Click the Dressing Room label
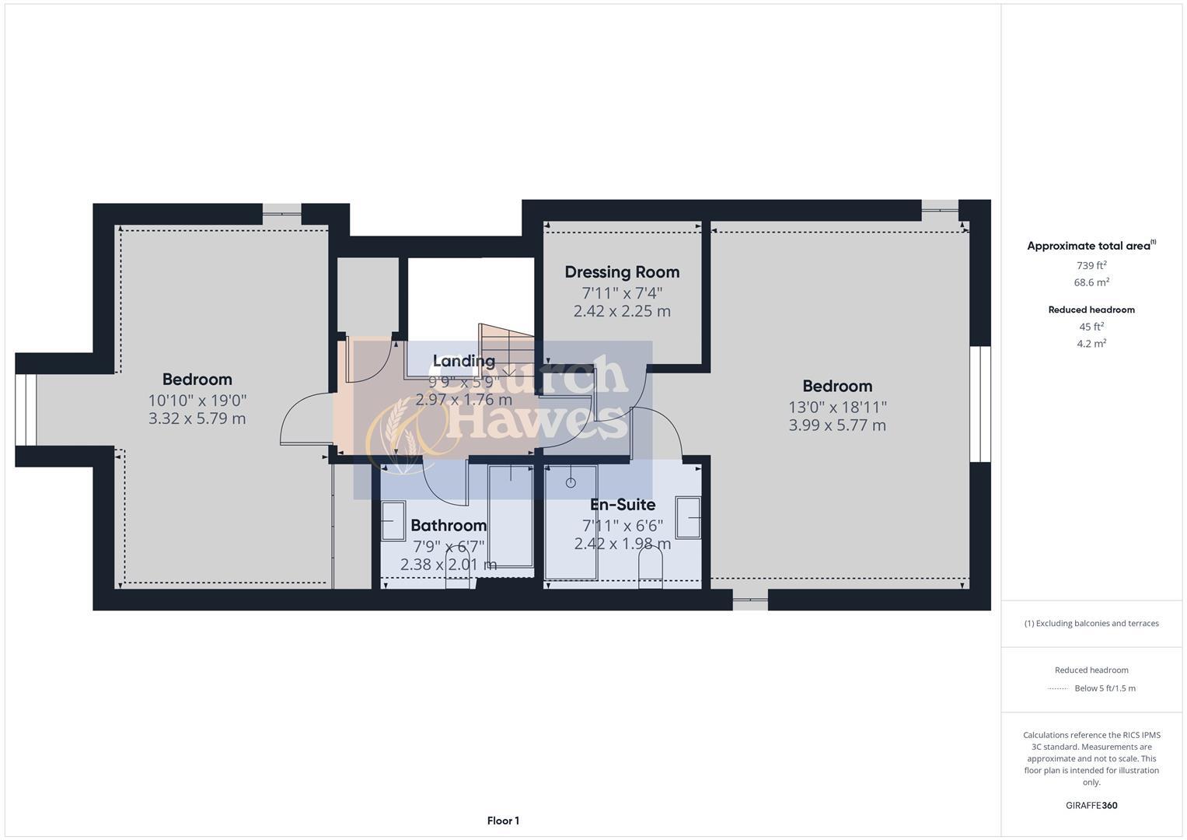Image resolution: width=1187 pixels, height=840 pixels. click(622, 272)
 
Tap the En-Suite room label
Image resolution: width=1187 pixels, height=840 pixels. click(622, 505)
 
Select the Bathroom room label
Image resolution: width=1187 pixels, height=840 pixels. click(449, 526)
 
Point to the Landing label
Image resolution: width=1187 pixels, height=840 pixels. click(463, 361)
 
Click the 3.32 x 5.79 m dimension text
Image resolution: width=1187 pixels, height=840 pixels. click(197, 418)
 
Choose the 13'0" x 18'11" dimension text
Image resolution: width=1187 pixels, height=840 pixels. click(837, 407)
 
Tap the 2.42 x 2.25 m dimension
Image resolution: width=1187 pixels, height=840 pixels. click(622, 311)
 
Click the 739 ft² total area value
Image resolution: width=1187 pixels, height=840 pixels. click(1091, 265)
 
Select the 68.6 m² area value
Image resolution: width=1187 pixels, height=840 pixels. click(1091, 282)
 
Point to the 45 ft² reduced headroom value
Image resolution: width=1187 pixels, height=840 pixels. click(1091, 327)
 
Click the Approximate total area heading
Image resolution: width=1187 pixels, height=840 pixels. click(1090, 246)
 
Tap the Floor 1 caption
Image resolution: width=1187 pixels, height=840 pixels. click(503, 821)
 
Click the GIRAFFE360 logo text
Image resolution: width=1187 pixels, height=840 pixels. click(1091, 805)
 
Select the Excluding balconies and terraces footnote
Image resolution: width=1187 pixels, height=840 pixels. click(1091, 623)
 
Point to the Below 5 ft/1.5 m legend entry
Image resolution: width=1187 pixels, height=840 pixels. click(1105, 688)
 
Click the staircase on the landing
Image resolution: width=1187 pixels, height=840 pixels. click(506, 350)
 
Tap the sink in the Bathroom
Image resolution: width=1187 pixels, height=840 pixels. click(393, 520)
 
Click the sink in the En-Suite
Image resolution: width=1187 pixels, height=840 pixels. click(688, 517)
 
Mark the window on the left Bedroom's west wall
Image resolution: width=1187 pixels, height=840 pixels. click(26, 410)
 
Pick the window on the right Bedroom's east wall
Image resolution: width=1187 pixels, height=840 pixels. click(979, 404)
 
